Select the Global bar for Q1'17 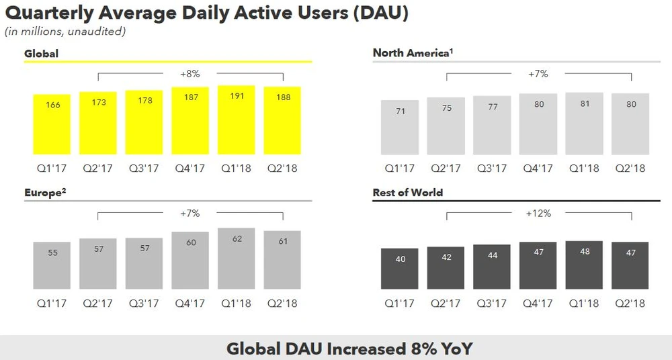tap(51, 124)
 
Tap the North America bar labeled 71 tap(399, 128)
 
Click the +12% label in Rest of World tap(538, 213)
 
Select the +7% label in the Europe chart tap(190, 213)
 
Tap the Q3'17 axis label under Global tap(144, 168)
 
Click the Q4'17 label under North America tap(538, 168)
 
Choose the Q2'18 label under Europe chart tap(282, 304)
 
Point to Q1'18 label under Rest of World tap(584, 304)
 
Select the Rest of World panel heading tap(408, 193)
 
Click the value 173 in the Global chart tap(98, 103)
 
